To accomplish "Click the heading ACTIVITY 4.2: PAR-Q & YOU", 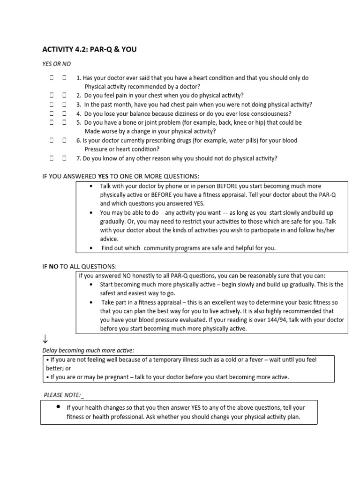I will (90, 49).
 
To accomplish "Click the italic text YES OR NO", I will (57, 64).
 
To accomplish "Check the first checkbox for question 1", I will (52, 78).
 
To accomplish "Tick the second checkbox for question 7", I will (64, 158).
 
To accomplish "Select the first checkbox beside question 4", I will (52, 113).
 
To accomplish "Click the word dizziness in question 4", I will (188, 113).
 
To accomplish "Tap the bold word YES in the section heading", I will (103, 176).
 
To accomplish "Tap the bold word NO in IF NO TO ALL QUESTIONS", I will (54, 266).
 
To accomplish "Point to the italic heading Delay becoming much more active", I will (88, 350).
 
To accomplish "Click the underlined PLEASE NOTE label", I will (62, 395).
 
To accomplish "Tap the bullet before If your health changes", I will (58, 407).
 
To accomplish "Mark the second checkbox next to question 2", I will (64, 96).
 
